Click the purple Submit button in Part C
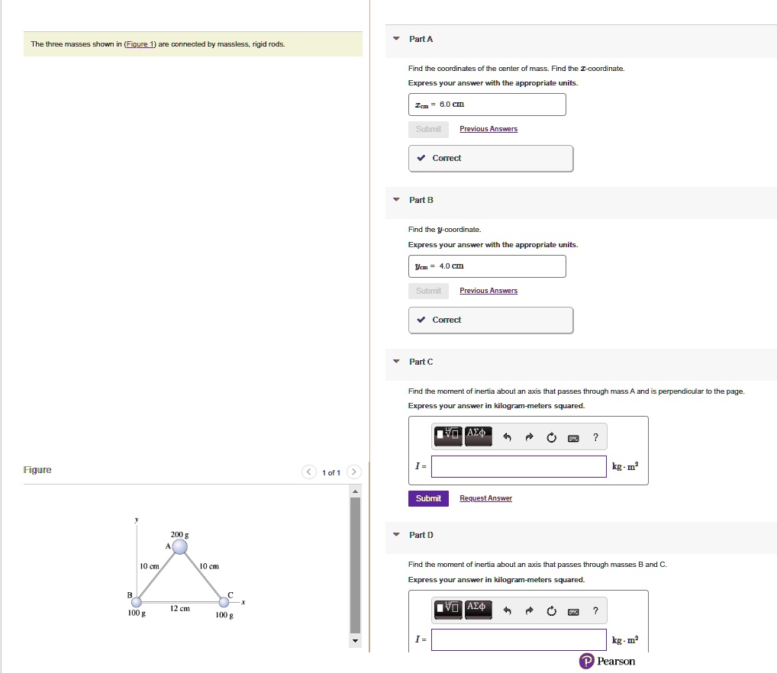[x=428, y=498]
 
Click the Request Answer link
[x=485, y=498]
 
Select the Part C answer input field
[x=520, y=466]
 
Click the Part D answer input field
[x=520, y=639]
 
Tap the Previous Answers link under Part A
[x=488, y=129]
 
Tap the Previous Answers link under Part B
[x=488, y=291]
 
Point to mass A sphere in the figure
[x=179, y=546]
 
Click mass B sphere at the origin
[x=137, y=602]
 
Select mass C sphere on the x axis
[x=222, y=602]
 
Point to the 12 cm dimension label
[x=179, y=608]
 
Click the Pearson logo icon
[x=586, y=661]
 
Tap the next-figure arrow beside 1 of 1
[x=354, y=472]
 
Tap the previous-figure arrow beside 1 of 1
[x=309, y=472]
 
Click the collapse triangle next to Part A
[x=395, y=39]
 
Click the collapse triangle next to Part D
[x=395, y=535]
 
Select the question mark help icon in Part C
[x=595, y=437]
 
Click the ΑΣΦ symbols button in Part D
[x=479, y=609]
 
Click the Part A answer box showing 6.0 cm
[x=487, y=105]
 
